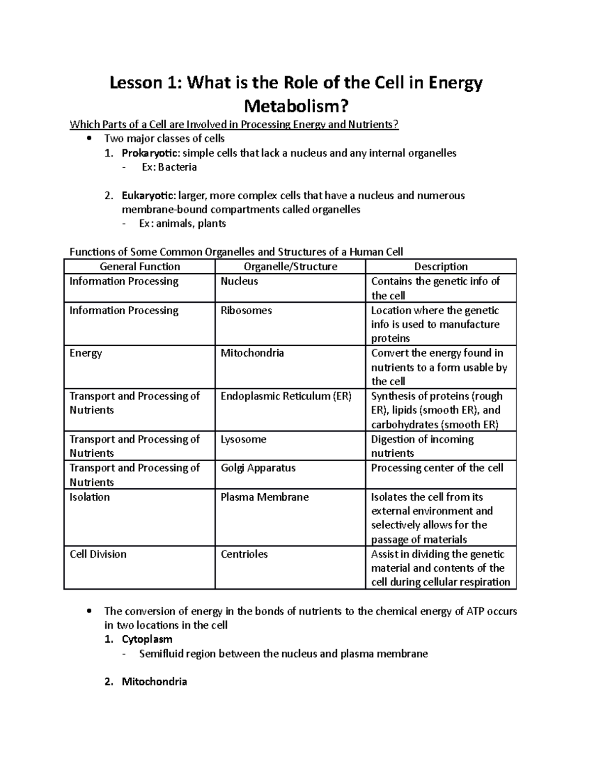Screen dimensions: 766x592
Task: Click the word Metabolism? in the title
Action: (x=296, y=106)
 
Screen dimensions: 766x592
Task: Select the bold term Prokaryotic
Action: (x=148, y=153)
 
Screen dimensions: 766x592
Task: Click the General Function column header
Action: (x=140, y=267)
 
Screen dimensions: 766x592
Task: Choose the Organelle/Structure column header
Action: (x=291, y=267)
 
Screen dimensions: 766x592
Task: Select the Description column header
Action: (x=441, y=267)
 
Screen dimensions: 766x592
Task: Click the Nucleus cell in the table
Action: (x=239, y=282)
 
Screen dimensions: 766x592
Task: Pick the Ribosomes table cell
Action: (x=246, y=311)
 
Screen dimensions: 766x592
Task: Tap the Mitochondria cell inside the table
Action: (x=252, y=353)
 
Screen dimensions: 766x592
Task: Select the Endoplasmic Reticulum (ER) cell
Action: (x=286, y=396)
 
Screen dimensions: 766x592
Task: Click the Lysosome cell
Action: (x=243, y=439)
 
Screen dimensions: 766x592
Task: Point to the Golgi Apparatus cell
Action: (x=258, y=468)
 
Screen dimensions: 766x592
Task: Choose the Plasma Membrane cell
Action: (x=264, y=497)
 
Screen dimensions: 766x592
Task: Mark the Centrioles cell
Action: (x=244, y=554)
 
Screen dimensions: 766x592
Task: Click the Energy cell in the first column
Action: (x=86, y=353)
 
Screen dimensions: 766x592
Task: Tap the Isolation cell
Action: (x=89, y=497)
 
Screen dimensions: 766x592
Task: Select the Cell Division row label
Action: (x=98, y=554)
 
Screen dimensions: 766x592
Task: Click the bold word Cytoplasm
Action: (x=147, y=640)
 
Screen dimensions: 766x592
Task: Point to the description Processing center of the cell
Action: (x=437, y=468)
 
